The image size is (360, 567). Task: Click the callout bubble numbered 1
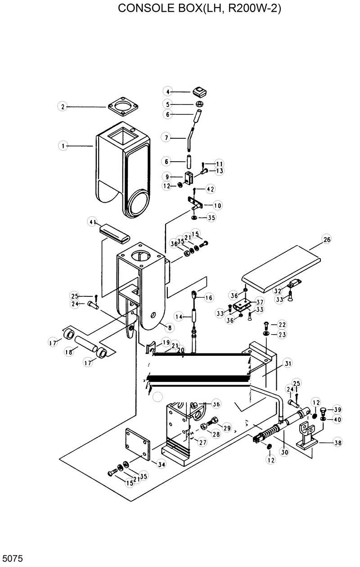(x=63, y=145)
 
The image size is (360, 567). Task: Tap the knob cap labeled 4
(x=198, y=92)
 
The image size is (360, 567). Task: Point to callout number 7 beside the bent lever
(x=167, y=138)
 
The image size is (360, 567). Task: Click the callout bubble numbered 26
(x=326, y=240)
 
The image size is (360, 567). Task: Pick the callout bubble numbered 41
(x=93, y=222)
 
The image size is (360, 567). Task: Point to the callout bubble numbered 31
(x=288, y=363)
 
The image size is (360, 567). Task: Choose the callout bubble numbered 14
(x=179, y=317)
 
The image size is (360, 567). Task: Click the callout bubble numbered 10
(x=217, y=205)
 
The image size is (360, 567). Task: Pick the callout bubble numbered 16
(x=208, y=298)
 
